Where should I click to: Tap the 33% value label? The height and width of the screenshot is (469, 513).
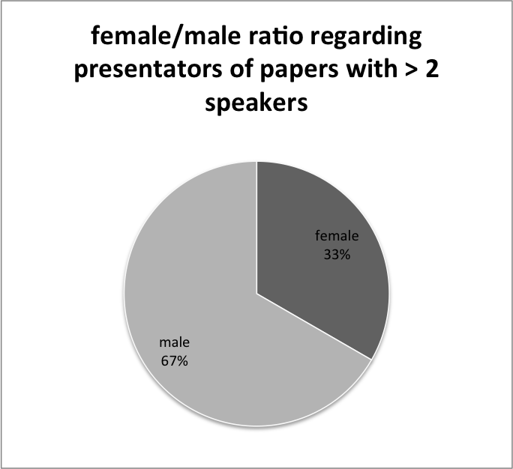click(337, 255)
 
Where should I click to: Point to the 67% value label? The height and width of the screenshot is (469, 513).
click(175, 361)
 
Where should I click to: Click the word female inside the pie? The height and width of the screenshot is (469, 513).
click(337, 236)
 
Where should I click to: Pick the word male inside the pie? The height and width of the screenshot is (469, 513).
click(175, 342)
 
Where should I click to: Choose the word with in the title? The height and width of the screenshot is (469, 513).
click(372, 69)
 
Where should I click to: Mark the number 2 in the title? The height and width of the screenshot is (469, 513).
click(432, 69)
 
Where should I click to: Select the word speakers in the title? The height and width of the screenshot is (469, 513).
click(256, 103)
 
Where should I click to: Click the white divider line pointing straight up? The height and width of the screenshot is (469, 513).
click(256, 228)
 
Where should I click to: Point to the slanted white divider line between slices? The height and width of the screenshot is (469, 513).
click(314, 327)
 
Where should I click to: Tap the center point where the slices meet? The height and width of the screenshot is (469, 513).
click(256, 294)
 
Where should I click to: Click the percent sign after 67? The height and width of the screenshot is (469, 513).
click(183, 361)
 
